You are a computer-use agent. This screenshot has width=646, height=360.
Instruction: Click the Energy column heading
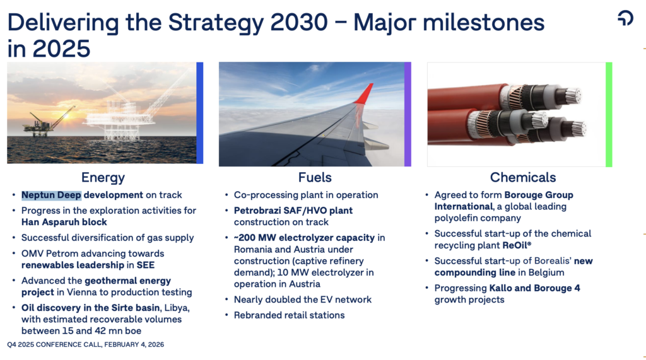103,178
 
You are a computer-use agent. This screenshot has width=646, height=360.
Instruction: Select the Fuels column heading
315,178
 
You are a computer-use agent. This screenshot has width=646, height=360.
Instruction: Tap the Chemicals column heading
523,178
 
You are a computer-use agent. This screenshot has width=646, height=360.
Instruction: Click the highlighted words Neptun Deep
51,195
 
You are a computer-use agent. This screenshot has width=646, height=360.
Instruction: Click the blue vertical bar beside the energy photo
200,113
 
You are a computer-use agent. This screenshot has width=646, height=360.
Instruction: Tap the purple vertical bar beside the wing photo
408,114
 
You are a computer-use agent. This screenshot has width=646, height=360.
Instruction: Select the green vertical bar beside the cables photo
609,115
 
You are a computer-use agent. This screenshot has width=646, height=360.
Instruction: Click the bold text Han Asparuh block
64,222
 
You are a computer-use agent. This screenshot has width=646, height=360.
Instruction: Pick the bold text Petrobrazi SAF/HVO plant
293,211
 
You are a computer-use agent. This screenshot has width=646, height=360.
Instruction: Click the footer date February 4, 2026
134,344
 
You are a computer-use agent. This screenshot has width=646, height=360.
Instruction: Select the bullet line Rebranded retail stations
289,315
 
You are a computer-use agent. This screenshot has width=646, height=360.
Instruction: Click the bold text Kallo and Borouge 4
534,288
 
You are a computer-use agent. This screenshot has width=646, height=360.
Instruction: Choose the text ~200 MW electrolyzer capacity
305,238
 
